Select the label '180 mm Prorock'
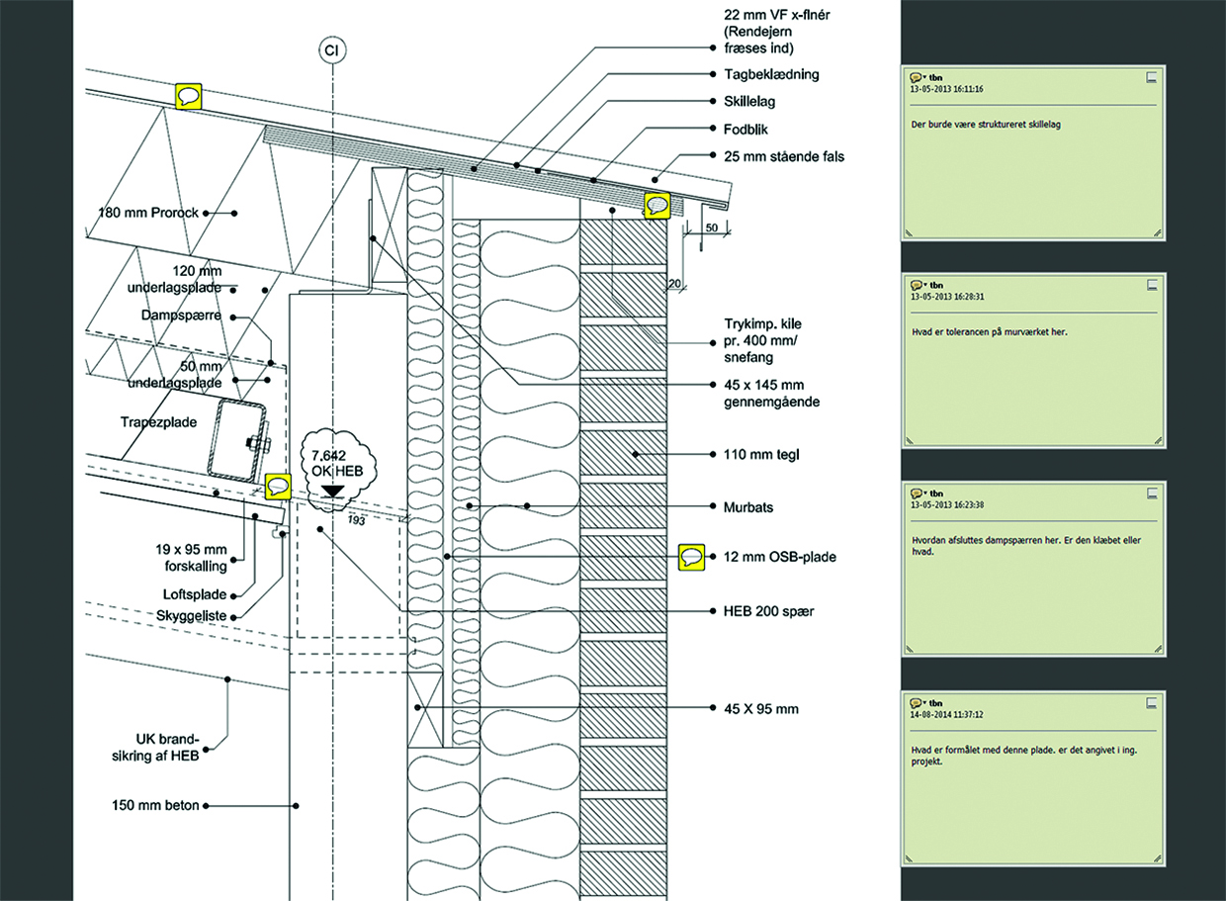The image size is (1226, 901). click(148, 213)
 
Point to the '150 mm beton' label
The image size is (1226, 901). click(155, 806)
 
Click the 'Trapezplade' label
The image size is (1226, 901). click(159, 421)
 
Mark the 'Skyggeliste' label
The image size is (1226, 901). click(199, 614)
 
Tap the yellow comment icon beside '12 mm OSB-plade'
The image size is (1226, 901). click(692, 557)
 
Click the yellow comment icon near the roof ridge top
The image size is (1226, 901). click(189, 96)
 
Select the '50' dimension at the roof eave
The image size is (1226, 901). click(712, 227)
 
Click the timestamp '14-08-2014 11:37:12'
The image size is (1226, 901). click(954, 712)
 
